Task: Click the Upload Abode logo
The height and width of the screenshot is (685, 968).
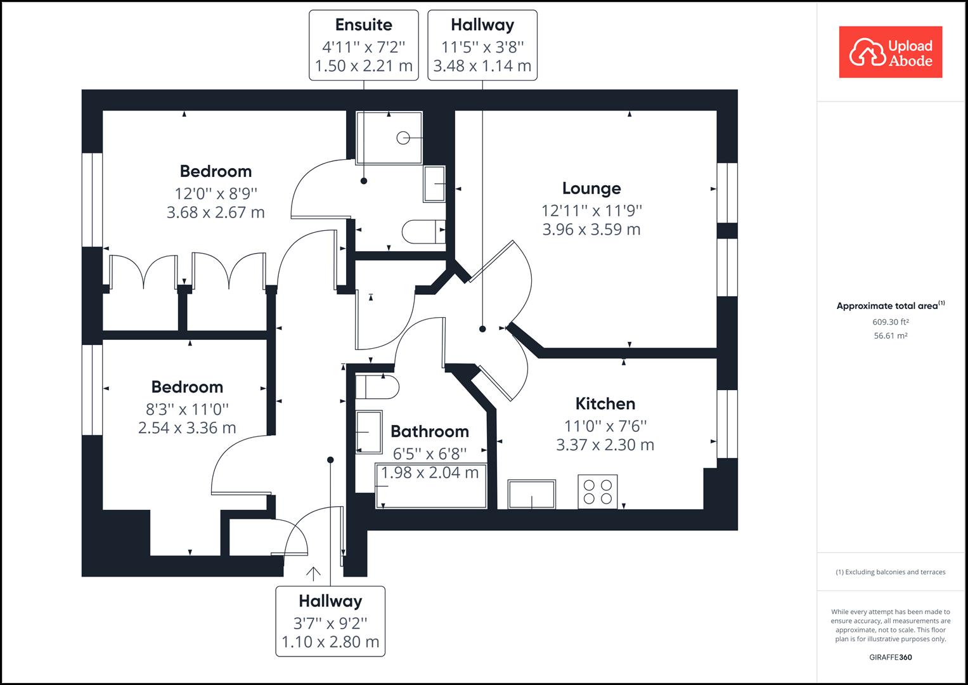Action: click(x=890, y=52)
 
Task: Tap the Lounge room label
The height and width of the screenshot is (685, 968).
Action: click(x=591, y=188)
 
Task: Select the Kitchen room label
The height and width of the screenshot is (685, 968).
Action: click(x=605, y=403)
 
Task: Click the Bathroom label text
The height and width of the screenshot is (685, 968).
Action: click(x=430, y=431)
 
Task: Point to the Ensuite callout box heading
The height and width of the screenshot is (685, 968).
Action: click(x=363, y=25)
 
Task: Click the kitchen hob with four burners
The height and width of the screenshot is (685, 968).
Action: click(x=597, y=492)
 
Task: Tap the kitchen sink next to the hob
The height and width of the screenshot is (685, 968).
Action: click(x=531, y=494)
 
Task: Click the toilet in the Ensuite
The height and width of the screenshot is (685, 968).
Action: click(x=423, y=232)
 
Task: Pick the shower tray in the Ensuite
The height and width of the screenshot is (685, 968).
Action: click(x=389, y=138)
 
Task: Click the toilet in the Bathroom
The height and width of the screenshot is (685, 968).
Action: click(x=376, y=386)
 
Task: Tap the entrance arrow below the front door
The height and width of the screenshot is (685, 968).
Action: click(x=313, y=573)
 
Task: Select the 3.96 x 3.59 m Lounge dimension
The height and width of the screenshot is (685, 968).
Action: click(x=591, y=230)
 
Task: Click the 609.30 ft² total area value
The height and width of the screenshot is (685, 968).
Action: click(x=890, y=322)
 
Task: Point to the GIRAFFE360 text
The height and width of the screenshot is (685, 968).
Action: click(x=890, y=657)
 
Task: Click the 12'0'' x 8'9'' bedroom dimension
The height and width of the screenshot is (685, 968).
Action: click(x=216, y=193)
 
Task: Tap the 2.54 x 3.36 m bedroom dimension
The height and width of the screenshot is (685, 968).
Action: click(x=187, y=428)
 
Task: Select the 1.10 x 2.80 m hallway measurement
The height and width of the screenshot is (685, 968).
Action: click(x=330, y=642)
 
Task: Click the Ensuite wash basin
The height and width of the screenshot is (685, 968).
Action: click(x=434, y=184)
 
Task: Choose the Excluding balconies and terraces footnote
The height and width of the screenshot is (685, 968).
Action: click(x=890, y=572)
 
